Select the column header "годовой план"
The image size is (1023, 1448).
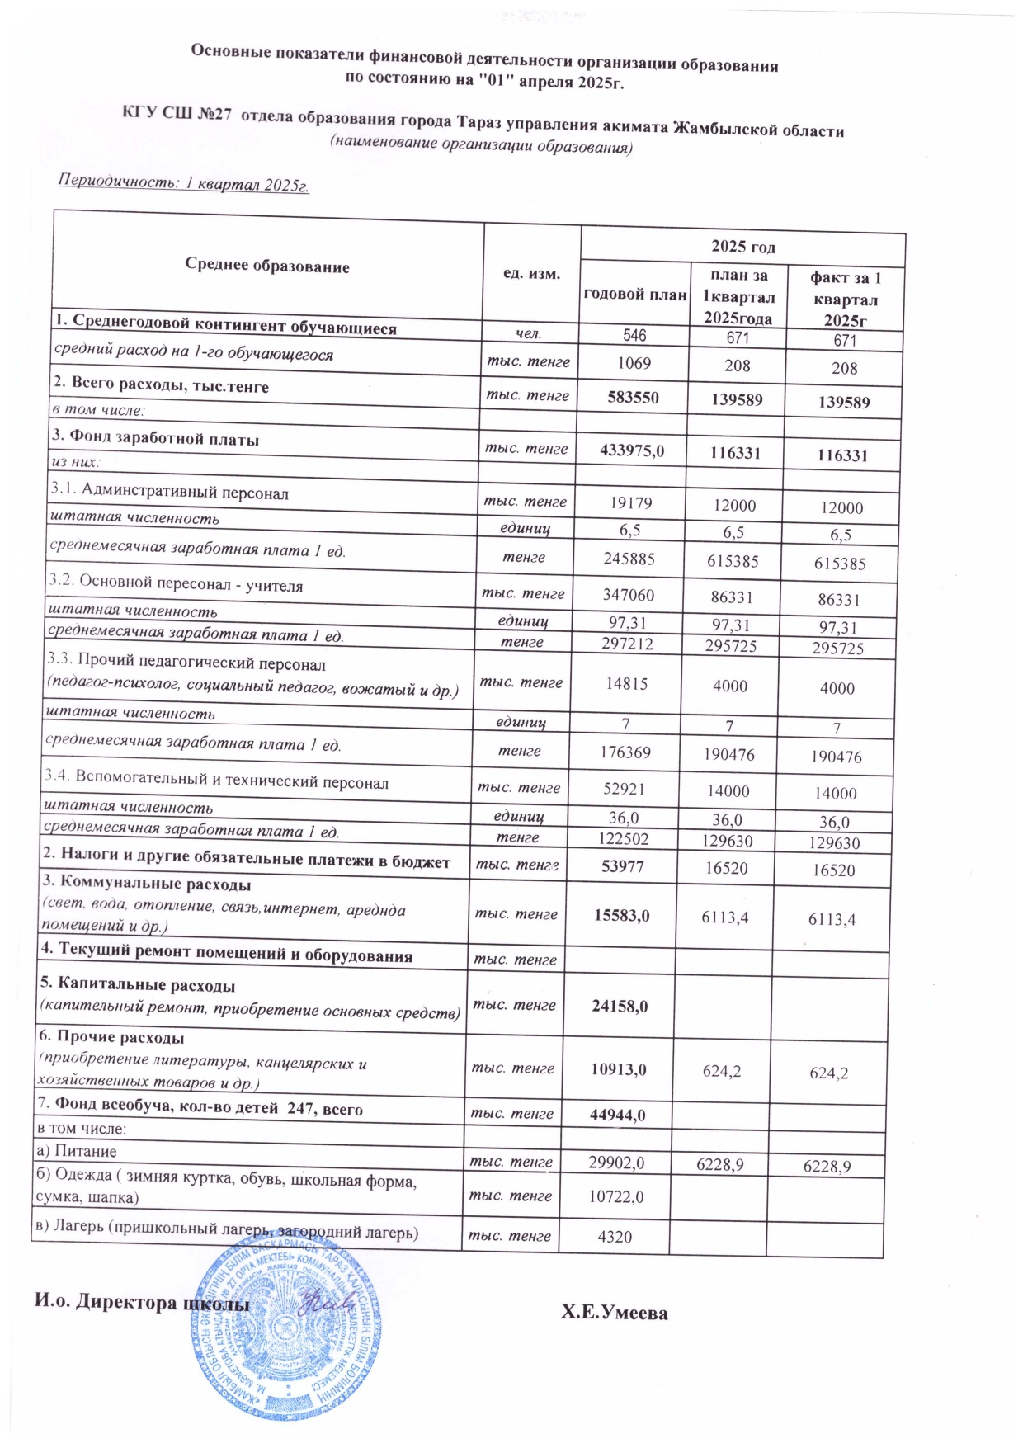pyautogui.click(x=634, y=295)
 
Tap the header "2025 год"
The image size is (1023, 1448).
pyautogui.click(x=742, y=247)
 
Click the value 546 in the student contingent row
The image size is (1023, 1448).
pyautogui.click(x=634, y=335)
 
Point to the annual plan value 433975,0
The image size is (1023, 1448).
pyautogui.click(x=632, y=450)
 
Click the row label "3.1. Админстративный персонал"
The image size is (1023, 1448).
pyautogui.click(x=170, y=493)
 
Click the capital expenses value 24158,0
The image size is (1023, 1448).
pyautogui.click(x=620, y=1007)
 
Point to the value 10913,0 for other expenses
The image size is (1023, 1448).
pyautogui.click(x=618, y=1069)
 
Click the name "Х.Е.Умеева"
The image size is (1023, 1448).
pyautogui.click(x=614, y=1313)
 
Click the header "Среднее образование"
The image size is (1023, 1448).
pyautogui.click(x=266, y=266)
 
